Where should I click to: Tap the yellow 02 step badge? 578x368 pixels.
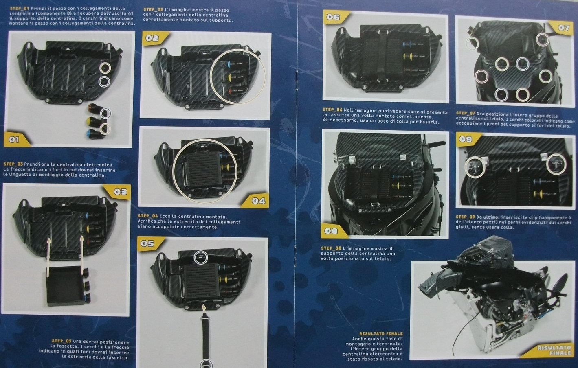tap(155, 38)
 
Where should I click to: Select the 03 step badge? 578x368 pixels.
tap(118, 192)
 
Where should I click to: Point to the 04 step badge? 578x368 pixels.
tap(256, 201)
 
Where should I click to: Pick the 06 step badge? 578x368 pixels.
tap(336, 17)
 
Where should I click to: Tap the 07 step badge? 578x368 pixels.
tap(561, 28)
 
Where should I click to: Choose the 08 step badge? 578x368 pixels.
tap(333, 230)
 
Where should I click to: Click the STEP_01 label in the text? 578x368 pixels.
tap(20, 9)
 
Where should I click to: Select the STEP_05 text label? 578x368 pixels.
tap(62, 341)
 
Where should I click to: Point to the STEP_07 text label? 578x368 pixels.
tap(466, 113)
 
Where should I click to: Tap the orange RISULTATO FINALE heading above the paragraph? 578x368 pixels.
tap(381, 333)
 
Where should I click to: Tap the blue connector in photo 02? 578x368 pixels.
tap(229, 64)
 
